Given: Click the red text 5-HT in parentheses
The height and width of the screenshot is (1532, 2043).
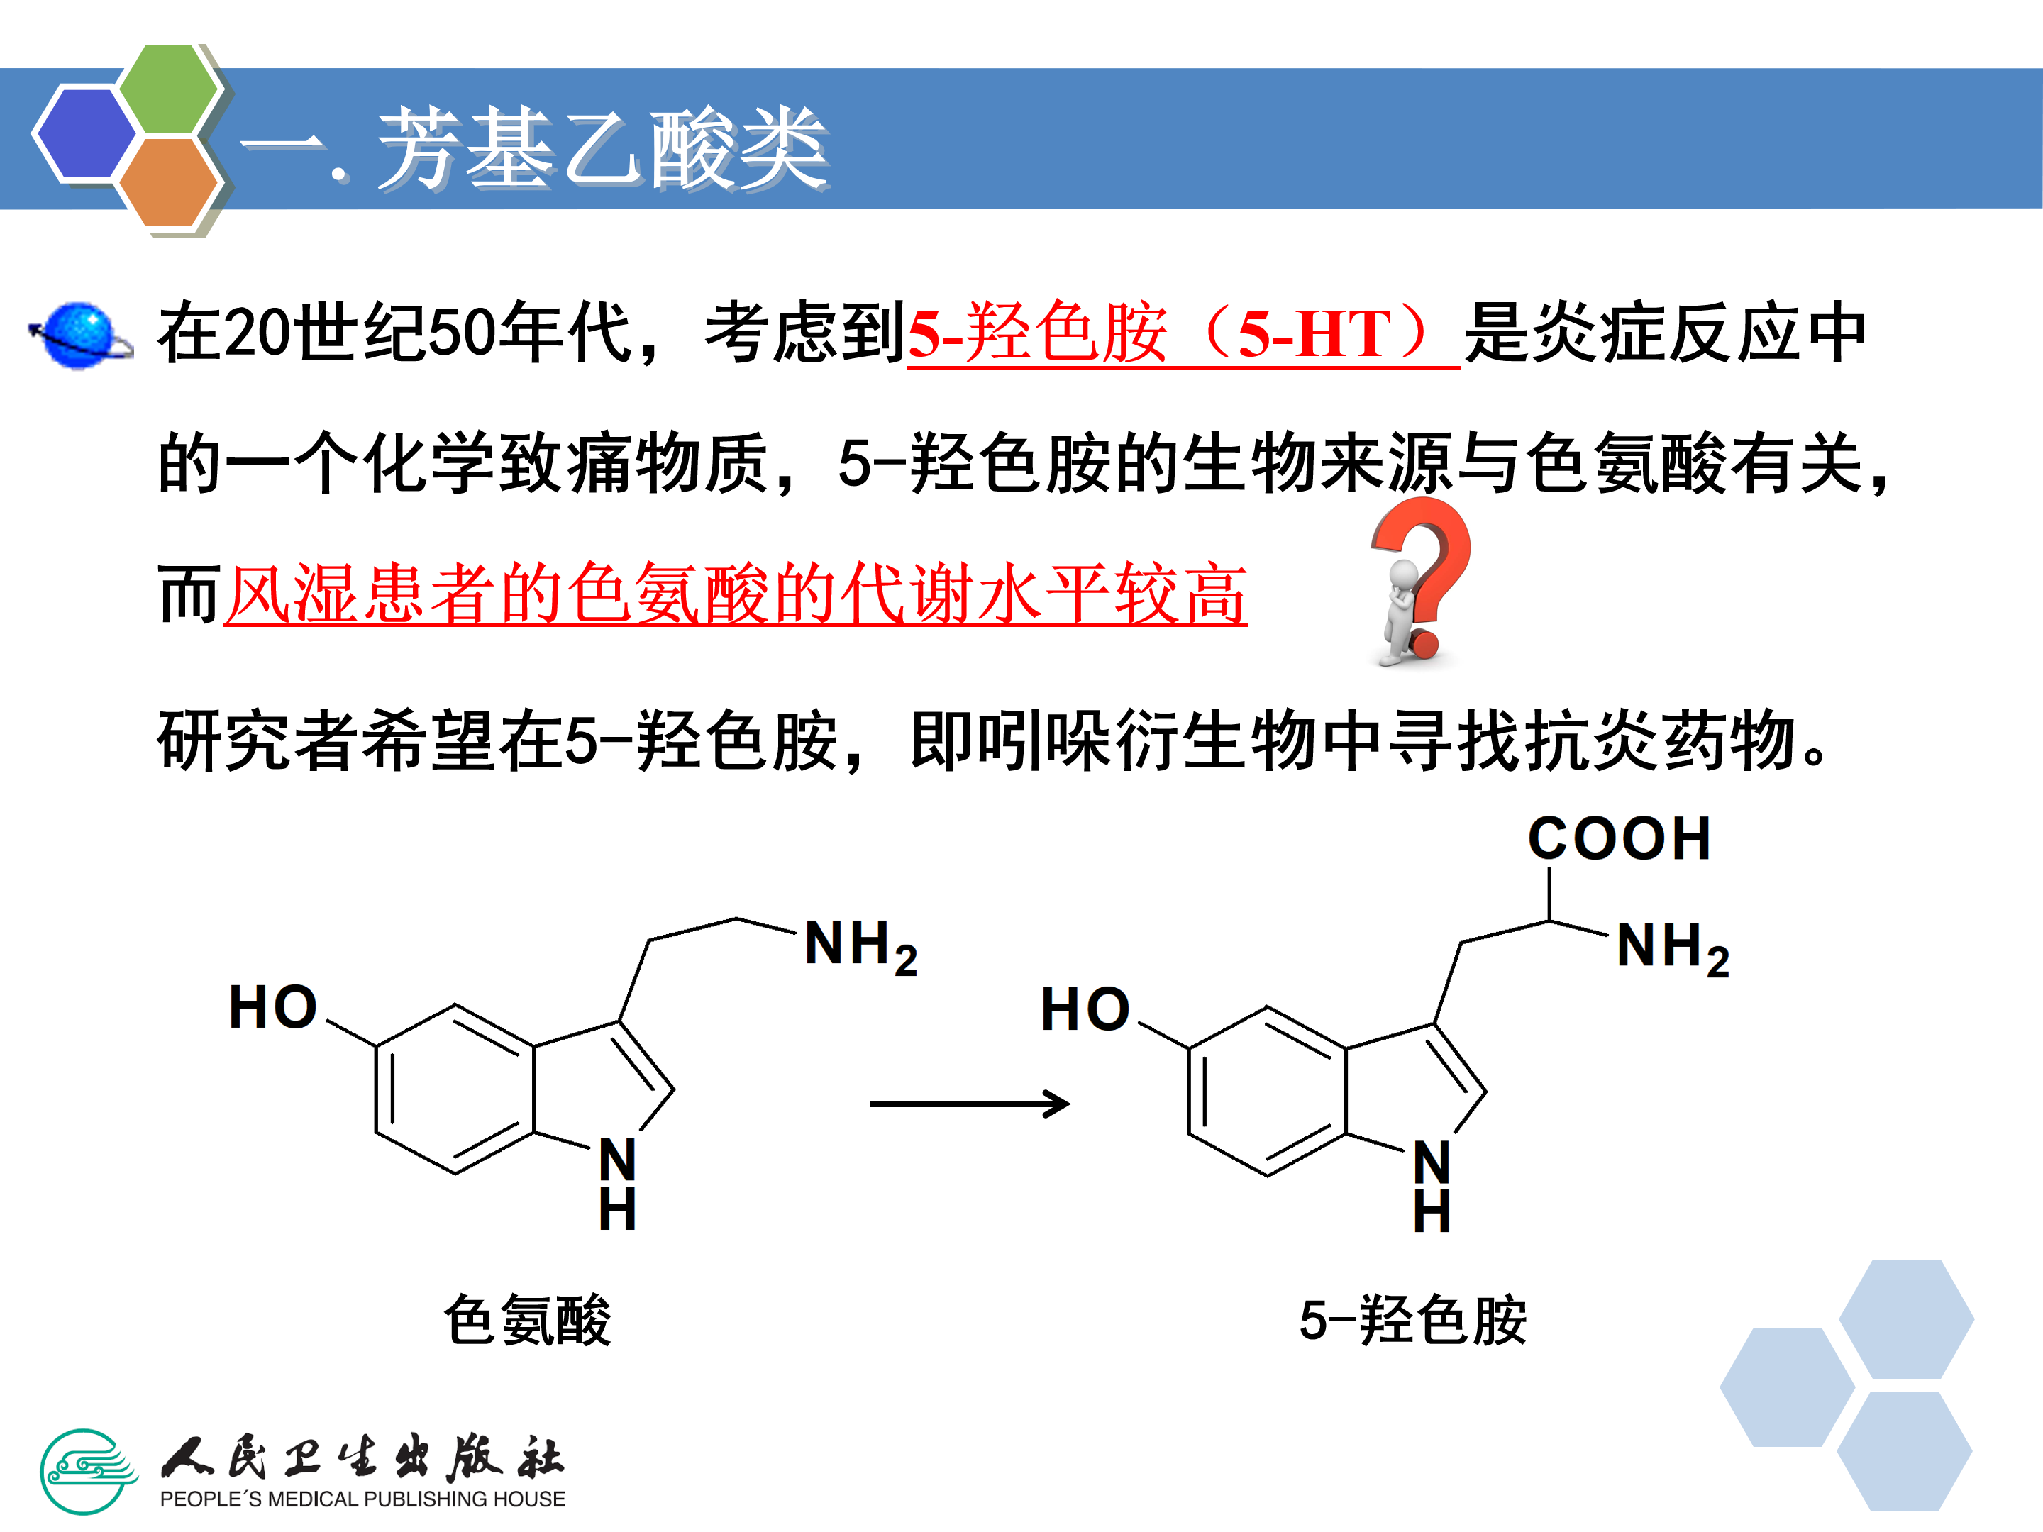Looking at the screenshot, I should [x=1315, y=334].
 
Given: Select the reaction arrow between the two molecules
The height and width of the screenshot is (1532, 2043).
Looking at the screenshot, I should [x=970, y=1103].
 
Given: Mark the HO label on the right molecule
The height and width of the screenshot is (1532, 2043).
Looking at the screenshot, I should [x=1085, y=1009].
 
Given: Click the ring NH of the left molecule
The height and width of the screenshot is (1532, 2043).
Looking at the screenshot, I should [x=618, y=1184].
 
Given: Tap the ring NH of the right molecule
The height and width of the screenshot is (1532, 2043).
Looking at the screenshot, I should [x=1432, y=1187].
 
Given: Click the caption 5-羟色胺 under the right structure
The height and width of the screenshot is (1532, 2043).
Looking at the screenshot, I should [x=1413, y=1321].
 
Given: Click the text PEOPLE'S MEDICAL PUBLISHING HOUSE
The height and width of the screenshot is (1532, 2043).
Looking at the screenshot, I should [x=362, y=1499].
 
